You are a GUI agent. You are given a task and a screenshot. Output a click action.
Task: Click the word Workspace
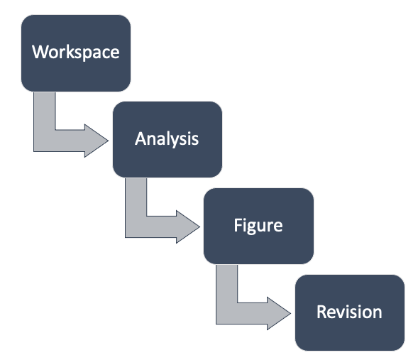tap(75, 52)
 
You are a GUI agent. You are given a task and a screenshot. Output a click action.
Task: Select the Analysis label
tap(167, 138)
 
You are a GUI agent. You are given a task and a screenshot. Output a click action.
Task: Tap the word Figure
tap(258, 226)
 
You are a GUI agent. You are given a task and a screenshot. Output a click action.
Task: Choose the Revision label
tap(349, 312)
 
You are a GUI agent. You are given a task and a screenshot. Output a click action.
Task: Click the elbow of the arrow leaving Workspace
tap(44, 140)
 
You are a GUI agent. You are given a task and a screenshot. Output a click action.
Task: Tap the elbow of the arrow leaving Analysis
tap(136, 227)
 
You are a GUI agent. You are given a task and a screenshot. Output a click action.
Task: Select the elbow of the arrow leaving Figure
tap(226, 314)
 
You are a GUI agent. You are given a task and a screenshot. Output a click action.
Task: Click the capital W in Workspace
tap(40, 52)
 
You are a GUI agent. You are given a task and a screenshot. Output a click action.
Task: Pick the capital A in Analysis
tap(140, 138)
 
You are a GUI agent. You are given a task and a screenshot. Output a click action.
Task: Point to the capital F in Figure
tap(238, 226)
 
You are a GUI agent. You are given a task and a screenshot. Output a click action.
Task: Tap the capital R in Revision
tap(321, 312)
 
